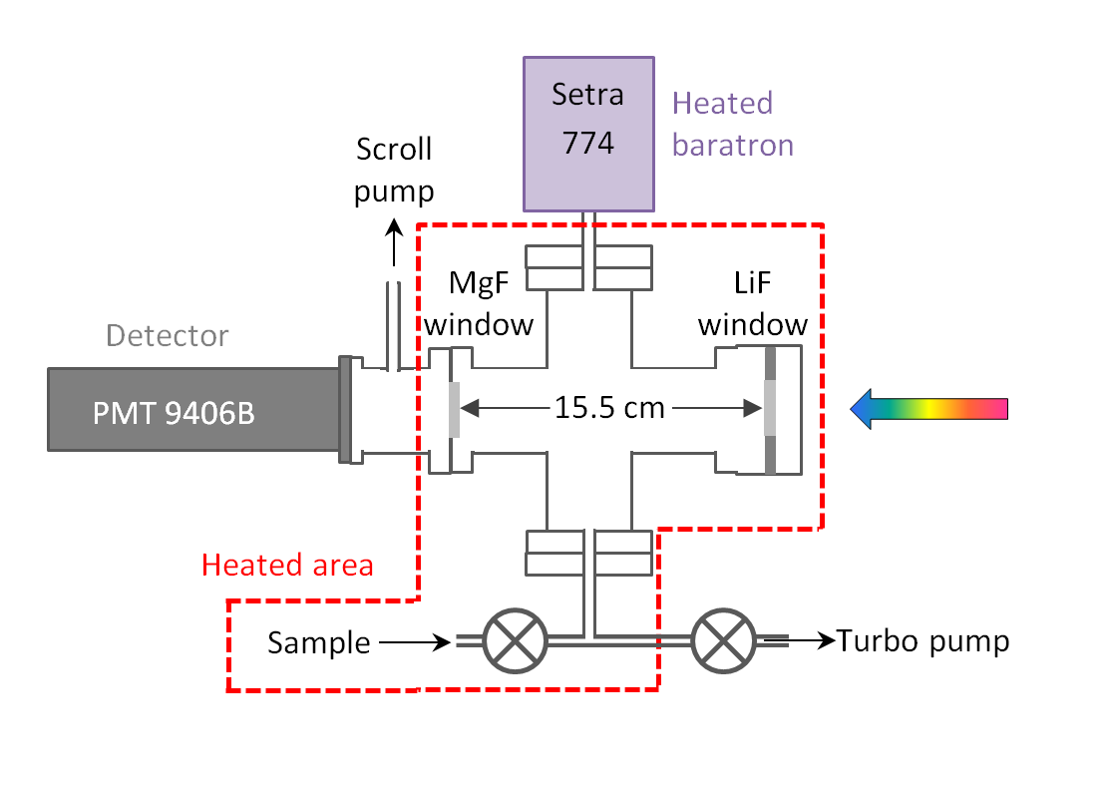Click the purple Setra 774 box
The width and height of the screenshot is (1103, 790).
[x=588, y=134]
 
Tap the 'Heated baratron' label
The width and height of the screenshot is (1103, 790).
[x=733, y=124]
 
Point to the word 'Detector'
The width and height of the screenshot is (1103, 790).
[x=168, y=335]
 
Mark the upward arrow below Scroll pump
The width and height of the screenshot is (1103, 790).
[x=394, y=243]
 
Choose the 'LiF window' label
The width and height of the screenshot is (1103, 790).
[x=752, y=305]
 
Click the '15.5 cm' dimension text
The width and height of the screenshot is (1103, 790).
[x=610, y=408]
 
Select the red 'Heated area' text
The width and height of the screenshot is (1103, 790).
[x=287, y=566]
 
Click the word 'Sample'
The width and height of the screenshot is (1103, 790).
[x=319, y=643]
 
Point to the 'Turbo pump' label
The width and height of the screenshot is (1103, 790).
[x=922, y=640]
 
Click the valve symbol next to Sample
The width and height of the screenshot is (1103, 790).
[x=516, y=640]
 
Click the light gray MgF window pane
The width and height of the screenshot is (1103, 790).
[x=454, y=410]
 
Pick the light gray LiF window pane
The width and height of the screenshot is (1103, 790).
[x=771, y=409]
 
